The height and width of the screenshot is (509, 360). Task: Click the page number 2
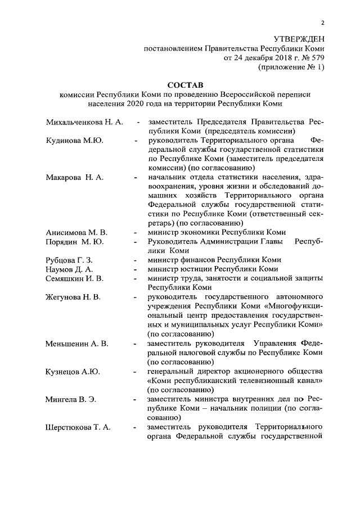323,23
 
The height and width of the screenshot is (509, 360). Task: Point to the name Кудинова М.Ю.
74,140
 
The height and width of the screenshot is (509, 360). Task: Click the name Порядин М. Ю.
75,242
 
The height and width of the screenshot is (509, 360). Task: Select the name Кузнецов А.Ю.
73,371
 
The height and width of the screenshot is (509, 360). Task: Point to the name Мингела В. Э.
71,399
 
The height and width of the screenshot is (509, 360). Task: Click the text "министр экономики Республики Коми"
217,232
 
